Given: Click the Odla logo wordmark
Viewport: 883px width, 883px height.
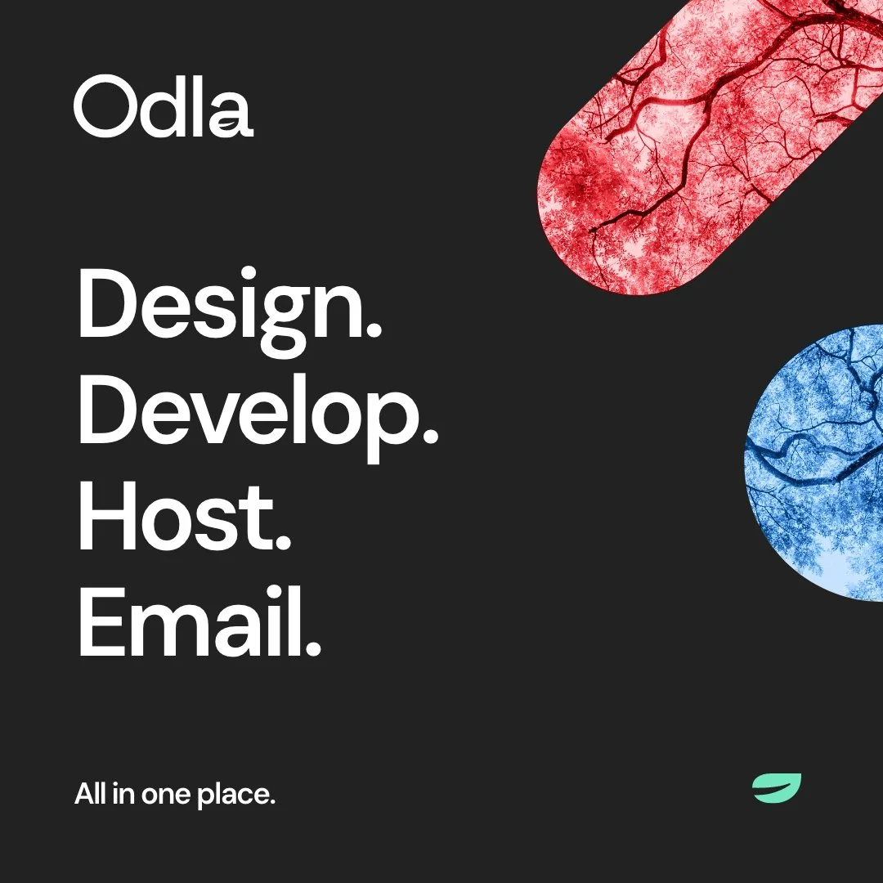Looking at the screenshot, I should click(164, 106).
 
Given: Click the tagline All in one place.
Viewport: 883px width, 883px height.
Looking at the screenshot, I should click(175, 794).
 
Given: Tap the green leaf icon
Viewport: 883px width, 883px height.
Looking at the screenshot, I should click(776, 787).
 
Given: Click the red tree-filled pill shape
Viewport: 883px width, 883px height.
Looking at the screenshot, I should click(703, 147).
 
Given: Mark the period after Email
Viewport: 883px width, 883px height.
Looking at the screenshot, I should click(312, 652).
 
